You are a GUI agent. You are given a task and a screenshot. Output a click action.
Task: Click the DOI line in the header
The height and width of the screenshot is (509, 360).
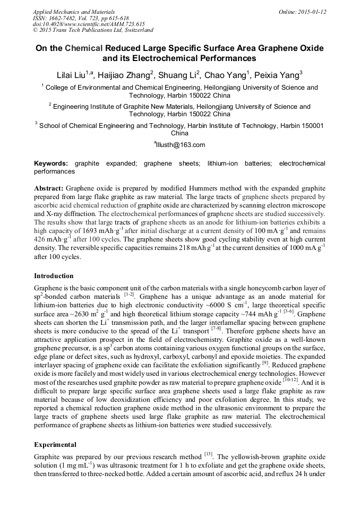coord(89,24)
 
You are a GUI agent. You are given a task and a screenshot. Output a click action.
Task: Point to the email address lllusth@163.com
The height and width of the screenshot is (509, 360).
coord(181,145)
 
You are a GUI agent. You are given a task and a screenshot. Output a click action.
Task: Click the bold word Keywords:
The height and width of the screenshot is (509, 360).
coord(51,164)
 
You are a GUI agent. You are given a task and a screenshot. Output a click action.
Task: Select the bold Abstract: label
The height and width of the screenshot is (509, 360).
coord(49,188)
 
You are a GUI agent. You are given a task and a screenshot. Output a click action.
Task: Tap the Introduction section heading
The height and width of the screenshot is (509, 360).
coord(54,276)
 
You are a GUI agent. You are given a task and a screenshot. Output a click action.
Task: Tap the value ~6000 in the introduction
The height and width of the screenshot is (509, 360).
coord(243,305)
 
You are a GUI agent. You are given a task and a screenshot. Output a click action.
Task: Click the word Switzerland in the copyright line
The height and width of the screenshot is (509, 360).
coord(133,30)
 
